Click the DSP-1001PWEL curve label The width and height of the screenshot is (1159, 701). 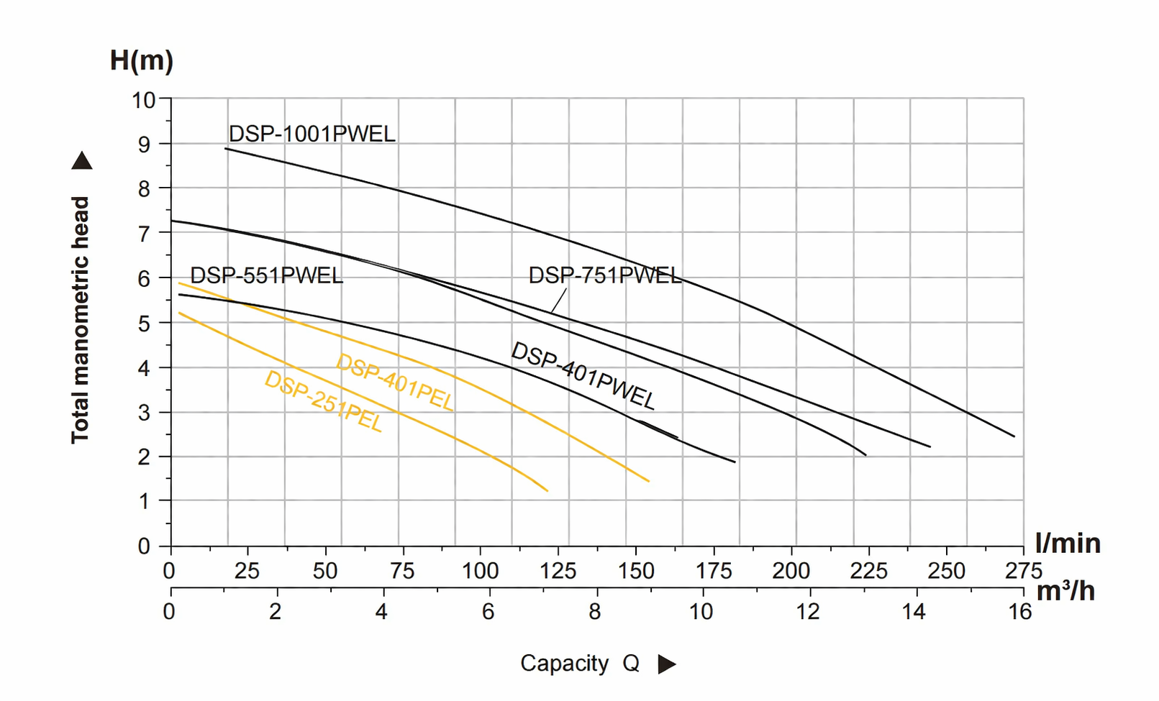point(312,134)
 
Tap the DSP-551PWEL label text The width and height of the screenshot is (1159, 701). point(266,276)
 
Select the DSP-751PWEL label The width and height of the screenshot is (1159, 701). point(604,275)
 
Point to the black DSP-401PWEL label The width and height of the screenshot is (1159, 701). point(583,376)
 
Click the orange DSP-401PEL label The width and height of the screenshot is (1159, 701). point(395,383)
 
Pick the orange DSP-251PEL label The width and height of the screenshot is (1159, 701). point(323,401)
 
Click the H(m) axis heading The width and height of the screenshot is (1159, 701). point(141,60)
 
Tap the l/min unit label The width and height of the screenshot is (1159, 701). point(1068,544)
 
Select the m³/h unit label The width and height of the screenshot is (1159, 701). point(1065,591)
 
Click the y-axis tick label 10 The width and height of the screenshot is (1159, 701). point(143,100)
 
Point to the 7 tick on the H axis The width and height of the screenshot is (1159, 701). point(145,234)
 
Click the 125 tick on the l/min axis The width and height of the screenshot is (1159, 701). point(558,572)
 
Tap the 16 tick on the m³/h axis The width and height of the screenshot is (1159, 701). point(1020,613)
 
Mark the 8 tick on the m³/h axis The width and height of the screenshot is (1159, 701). point(594,613)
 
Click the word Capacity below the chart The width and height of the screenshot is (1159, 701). point(564,664)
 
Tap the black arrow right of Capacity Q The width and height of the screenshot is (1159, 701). point(667,664)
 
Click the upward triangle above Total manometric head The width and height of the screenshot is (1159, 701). point(82,161)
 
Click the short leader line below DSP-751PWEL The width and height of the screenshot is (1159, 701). point(559,301)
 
